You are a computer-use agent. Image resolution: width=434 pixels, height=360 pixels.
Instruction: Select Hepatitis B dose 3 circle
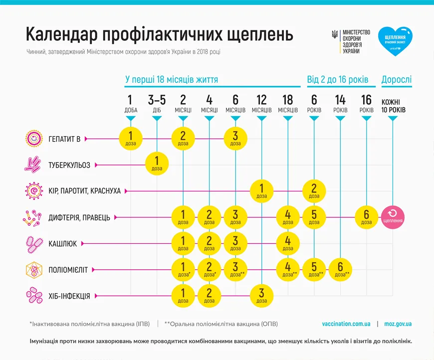point(235,138)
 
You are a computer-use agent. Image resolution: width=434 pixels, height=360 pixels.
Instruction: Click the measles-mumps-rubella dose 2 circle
point(314,190)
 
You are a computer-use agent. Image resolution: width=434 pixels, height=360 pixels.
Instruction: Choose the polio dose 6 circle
point(340,269)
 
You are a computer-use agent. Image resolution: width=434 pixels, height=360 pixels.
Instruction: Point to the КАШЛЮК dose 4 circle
point(288,243)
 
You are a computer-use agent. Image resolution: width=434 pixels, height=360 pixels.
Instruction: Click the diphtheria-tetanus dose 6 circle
point(367,217)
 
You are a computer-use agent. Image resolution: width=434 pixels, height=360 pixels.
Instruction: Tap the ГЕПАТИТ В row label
point(64,139)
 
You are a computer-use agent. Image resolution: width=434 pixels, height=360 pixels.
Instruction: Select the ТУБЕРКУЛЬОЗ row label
point(69,165)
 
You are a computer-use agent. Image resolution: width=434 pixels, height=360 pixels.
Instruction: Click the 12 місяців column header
point(261,104)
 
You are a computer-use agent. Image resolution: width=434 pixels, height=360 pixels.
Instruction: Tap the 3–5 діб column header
point(157,104)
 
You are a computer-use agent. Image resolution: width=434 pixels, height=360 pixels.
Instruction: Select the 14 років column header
point(340,104)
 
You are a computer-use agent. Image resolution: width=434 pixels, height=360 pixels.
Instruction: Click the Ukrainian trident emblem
point(335,35)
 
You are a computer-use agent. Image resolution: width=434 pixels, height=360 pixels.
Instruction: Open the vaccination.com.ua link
point(346,324)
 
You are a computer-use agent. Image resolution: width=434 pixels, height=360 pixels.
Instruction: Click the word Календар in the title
point(61,35)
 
